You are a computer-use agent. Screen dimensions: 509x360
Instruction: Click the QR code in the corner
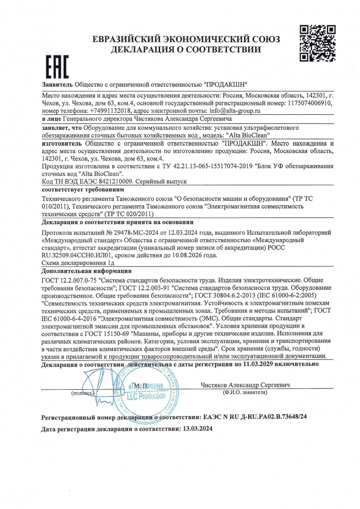coord(313,43)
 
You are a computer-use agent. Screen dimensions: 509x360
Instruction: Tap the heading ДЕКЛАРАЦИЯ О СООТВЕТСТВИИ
coord(186,49)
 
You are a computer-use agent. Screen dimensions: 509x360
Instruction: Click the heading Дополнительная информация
coord(87,271)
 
